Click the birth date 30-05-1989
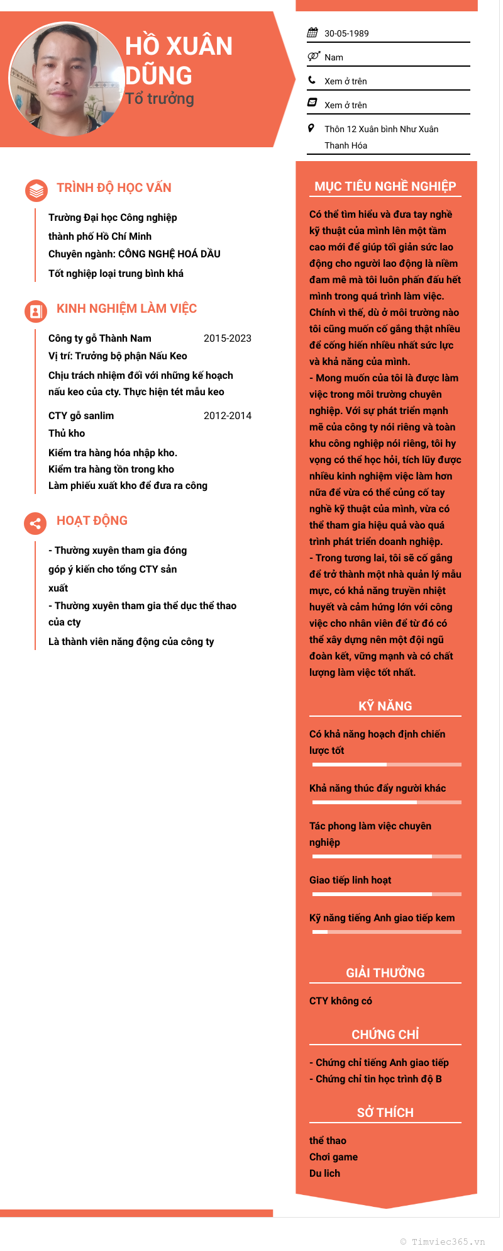pos(346,33)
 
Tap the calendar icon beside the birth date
pos(312,33)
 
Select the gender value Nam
pos(334,57)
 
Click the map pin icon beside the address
pos(311,128)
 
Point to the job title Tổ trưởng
pos(160,99)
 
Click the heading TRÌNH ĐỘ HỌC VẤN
pos(114,188)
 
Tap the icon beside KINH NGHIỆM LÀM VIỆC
pos(36,311)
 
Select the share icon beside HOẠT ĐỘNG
pos(36,523)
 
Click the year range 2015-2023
pos(228,339)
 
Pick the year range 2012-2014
pos(228,416)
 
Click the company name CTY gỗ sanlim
pos(81,416)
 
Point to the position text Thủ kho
pos(67,434)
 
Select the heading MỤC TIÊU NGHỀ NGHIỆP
pos(385,186)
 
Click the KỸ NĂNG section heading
pos(385,706)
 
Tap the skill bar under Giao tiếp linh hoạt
pos(387,894)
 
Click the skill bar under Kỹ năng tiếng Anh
pos(387,932)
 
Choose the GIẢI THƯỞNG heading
pos(385,973)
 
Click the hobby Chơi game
pos(333,1157)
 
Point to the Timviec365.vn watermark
pos(443,1242)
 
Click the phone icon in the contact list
pos(312,81)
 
